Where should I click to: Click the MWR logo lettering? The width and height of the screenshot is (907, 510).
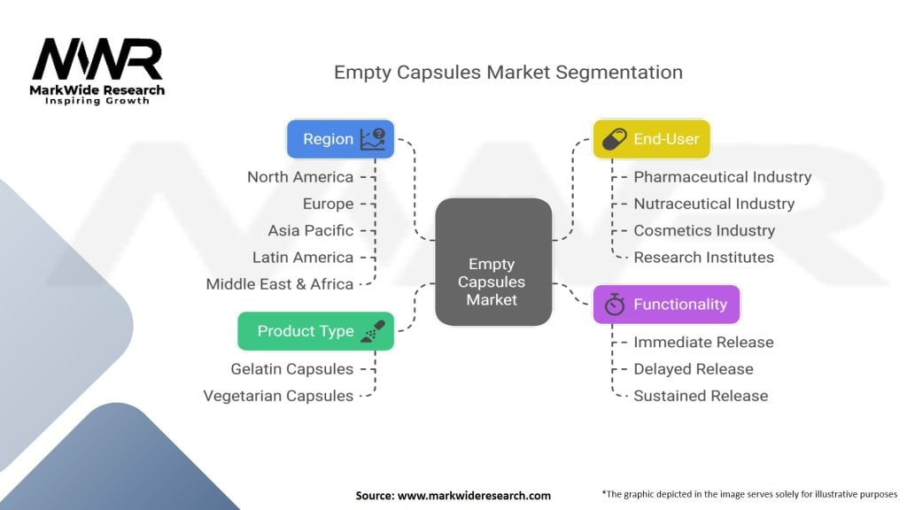pyautogui.click(x=97, y=59)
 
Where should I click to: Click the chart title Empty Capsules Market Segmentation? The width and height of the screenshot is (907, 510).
pyautogui.click(x=508, y=73)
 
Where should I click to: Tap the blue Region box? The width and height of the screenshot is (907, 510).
pyautogui.click(x=341, y=139)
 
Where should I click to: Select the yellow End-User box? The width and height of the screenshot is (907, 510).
pyautogui.click(x=651, y=139)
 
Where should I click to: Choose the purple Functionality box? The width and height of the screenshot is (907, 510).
pyautogui.click(x=666, y=305)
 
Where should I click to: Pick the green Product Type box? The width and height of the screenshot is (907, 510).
pyautogui.click(x=316, y=331)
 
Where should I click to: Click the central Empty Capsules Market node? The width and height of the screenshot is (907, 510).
pyautogui.click(x=493, y=262)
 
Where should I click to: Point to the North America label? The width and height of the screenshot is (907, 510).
pyautogui.click(x=300, y=177)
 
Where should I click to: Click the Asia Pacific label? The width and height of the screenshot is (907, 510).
pyautogui.click(x=311, y=230)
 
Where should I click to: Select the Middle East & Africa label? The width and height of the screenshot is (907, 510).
pyautogui.click(x=279, y=284)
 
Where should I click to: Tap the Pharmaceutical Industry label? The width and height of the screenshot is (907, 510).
pyautogui.click(x=723, y=177)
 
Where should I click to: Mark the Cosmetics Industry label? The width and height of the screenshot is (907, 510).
pyautogui.click(x=704, y=230)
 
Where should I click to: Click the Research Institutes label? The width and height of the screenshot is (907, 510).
pyautogui.click(x=703, y=258)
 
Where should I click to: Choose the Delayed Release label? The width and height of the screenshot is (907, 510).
pyautogui.click(x=693, y=369)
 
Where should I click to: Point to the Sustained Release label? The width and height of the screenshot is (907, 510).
pyautogui.click(x=701, y=396)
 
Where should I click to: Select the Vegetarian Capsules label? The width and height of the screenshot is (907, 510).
pyautogui.click(x=278, y=396)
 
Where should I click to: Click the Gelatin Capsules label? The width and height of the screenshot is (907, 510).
pyautogui.click(x=291, y=369)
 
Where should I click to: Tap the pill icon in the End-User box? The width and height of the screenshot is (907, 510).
pyautogui.click(x=615, y=139)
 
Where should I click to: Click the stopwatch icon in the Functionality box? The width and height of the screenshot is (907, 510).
pyautogui.click(x=615, y=305)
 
